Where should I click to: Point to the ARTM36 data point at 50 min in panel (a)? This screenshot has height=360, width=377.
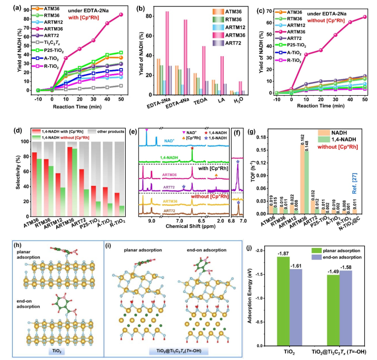121,14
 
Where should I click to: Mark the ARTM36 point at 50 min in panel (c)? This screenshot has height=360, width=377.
364,17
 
